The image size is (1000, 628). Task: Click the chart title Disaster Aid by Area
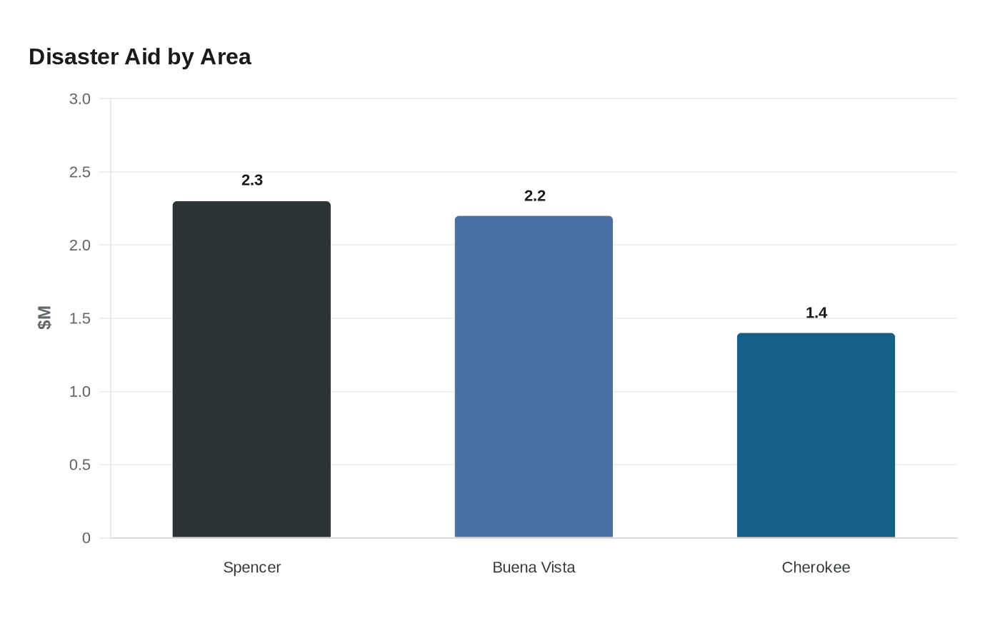click(140, 57)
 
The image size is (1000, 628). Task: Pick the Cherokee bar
click(816, 435)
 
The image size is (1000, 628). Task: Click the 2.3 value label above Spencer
click(252, 181)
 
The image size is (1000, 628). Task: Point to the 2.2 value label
click(535, 196)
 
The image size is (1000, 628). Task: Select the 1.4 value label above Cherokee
click(816, 313)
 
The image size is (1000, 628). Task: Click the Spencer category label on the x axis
click(251, 567)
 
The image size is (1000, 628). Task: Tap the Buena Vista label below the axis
click(534, 567)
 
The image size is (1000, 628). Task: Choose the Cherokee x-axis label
click(816, 567)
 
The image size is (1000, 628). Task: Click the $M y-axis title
click(44, 318)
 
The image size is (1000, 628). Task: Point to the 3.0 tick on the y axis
click(80, 99)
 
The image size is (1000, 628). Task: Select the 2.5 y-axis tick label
click(80, 172)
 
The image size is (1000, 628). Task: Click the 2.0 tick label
click(80, 245)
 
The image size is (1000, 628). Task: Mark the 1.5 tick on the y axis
click(80, 318)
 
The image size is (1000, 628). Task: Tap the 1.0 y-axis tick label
click(80, 392)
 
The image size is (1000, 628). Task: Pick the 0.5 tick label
click(80, 465)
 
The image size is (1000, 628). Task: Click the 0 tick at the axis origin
click(86, 538)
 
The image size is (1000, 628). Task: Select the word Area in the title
click(226, 57)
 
